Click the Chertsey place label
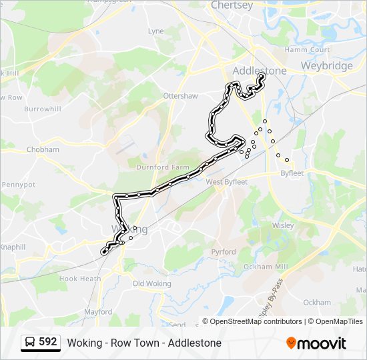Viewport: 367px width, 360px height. click(232, 5)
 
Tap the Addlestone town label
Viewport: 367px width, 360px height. click(260, 71)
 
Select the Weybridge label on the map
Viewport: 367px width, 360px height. click(326, 66)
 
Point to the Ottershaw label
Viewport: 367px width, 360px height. click(181, 96)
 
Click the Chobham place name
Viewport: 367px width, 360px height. click(43, 150)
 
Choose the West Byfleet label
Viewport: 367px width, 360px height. click(226, 181)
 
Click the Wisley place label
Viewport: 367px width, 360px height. click(283, 225)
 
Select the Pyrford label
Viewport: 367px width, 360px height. click(224, 252)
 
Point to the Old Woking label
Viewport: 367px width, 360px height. click(152, 284)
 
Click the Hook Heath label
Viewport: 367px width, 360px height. click(79, 279)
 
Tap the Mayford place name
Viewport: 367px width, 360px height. click(98, 311)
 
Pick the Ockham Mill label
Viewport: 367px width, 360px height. click(267, 267)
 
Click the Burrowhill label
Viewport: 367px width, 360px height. click(42, 109)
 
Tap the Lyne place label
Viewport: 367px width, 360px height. click(155, 31)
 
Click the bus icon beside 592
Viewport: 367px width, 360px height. click(30, 343)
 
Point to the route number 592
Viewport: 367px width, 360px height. click(48, 342)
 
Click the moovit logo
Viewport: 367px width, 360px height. click(316, 343)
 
